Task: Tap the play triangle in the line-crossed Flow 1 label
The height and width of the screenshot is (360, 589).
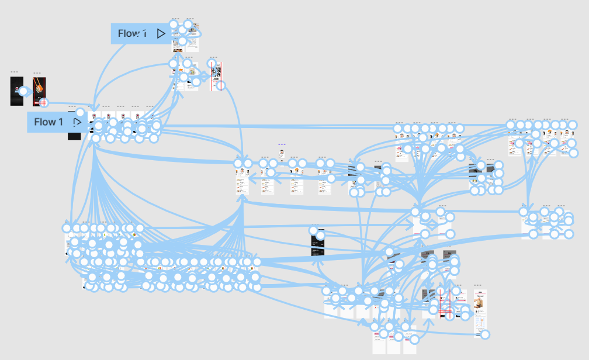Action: pyautogui.click(x=161, y=34)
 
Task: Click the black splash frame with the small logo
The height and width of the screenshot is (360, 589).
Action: pyautogui.click(x=16, y=91)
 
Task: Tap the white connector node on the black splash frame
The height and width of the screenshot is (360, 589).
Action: pyautogui.click(x=23, y=91)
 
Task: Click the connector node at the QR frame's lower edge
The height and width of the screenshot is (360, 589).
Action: pyautogui.click(x=220, y=85)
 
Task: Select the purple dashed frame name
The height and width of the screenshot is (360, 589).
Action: pyautogui.click(x=282, y=144)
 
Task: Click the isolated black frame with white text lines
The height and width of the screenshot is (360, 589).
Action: pyautogui.click(x=317, y=243)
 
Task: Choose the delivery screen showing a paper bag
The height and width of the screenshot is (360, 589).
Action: pyautogui.click(x=480, y=313)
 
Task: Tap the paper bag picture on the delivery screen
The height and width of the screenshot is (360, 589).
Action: pyautogui.click(x=480, y=304)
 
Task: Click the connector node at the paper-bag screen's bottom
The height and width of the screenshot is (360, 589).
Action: pyautogui.click(x=484, y=335)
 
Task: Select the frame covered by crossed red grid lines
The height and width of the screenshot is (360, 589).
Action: pyautogui.click(x=445, y=304)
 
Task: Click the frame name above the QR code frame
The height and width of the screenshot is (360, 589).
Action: pyautogui.click(x=213, y=58)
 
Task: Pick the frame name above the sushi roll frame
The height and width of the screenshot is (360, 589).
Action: pyautogui.click(x=36, y=72)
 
